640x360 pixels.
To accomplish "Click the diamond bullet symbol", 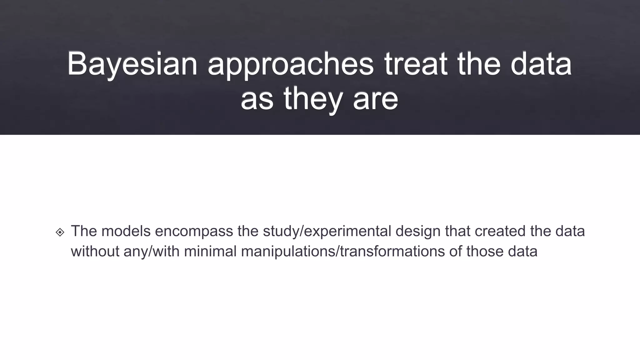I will pyautogui.click(x=60, y=232).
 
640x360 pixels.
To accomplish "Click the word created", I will pyautogui.click(x=500, y=231).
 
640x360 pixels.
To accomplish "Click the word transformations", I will pyautogui.click(x=392, y=252).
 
